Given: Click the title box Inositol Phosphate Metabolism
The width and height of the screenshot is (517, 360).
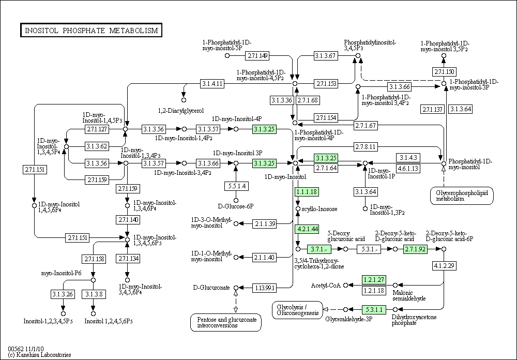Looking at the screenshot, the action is tap(91, 31).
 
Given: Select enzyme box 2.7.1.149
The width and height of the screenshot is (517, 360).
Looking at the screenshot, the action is tap(257, 56).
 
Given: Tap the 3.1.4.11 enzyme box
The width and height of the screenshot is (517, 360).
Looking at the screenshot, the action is tap(212, 84).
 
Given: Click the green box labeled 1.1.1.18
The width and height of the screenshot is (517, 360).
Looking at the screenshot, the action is tap(307, 192).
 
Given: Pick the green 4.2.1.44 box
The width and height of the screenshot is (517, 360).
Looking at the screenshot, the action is tap(307, 229).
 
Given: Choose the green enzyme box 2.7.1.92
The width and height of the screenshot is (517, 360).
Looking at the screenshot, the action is tap(416, 249).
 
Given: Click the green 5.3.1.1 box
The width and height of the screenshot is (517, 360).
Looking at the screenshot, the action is tap(374, 310).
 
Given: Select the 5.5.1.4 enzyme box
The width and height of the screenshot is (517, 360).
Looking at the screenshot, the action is tap(236, 186).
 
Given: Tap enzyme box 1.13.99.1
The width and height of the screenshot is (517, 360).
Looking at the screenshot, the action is tap(264, 288).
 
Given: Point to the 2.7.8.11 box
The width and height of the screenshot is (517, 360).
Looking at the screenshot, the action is tap(366, 147).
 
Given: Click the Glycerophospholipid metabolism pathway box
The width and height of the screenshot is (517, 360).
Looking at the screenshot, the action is tap(462, 196).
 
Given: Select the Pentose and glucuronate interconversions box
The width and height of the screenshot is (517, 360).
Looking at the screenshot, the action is tap(226, 322).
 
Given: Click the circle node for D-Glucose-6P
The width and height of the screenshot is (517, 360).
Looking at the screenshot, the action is tap(236, 201).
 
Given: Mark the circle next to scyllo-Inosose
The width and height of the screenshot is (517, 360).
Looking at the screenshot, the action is tap(298, 209).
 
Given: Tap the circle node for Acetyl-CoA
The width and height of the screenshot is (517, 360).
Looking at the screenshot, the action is tap(345, 285).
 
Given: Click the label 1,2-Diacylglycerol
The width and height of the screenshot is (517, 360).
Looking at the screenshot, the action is tap(181, 111).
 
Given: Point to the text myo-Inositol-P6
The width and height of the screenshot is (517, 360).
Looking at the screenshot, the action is tap(62, 273).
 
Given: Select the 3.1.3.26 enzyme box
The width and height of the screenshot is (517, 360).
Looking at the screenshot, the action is tap(63, 294).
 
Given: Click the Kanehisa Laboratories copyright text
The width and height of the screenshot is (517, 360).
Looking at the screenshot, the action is tap(40, 355).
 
